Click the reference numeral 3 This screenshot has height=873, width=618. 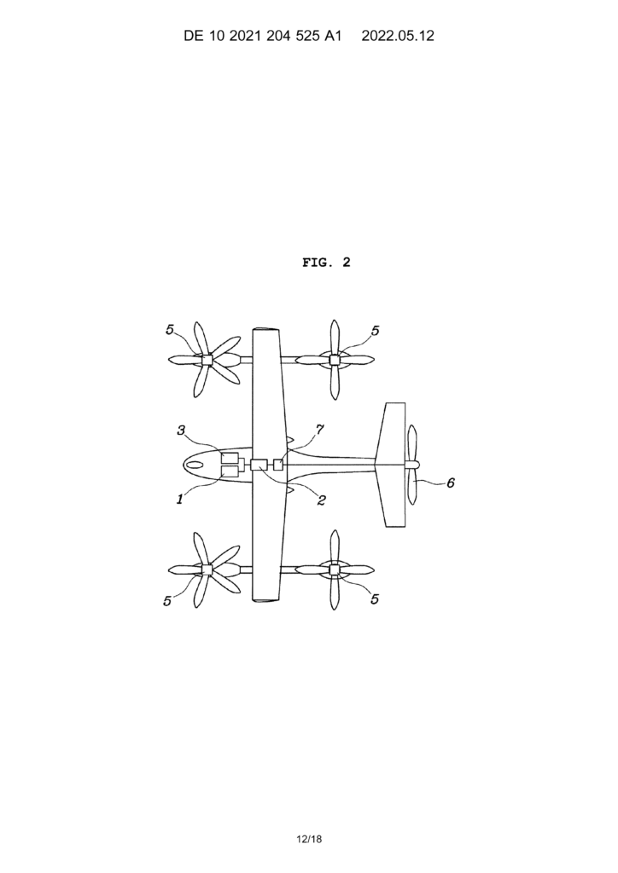click(181, 431)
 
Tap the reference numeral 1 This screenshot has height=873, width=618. click(180, 500)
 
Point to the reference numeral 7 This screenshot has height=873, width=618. click(320, 430)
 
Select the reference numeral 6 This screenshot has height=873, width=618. click(450, 483)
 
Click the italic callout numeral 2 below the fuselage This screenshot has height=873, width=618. click(321, 500)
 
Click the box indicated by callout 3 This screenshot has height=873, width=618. click(230, 459)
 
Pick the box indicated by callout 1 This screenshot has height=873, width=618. click(230, 471)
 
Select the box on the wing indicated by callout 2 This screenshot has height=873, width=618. click(259, 465)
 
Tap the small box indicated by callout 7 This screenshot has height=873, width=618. click(278, 465)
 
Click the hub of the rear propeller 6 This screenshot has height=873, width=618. click(411, 465)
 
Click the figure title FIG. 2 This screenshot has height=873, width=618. click(327, 263)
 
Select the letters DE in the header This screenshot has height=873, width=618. click(192, 36)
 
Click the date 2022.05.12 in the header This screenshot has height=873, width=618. click(397, 36)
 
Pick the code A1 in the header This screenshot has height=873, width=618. click(332, 36)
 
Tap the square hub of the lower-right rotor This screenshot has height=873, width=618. click(335, 569)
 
